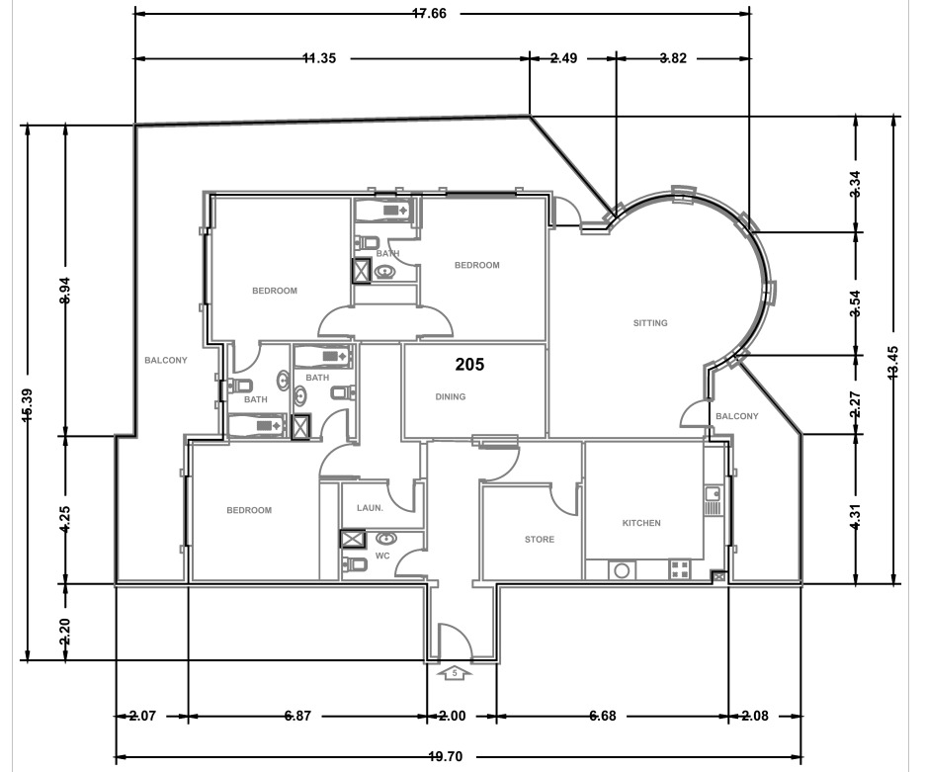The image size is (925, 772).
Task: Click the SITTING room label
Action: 650,323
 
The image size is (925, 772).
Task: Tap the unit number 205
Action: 469,365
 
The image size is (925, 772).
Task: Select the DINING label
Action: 451,397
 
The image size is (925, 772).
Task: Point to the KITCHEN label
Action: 640,523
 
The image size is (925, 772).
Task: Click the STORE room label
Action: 539,540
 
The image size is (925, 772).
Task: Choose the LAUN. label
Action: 369,507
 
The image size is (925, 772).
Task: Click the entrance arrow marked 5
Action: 455,673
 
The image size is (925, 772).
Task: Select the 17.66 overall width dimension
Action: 437,14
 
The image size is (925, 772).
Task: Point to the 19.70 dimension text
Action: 445,757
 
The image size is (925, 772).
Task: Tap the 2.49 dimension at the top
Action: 563,58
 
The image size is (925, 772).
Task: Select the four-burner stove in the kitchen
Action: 680,568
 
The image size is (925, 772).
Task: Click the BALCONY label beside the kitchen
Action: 736,416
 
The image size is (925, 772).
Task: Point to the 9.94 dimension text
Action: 65,292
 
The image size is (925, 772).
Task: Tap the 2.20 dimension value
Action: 65,631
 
